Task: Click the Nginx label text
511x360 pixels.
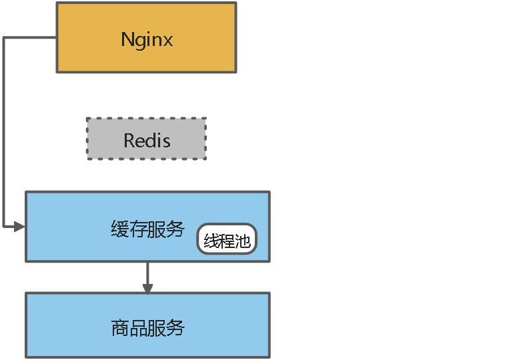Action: tap(147, 39)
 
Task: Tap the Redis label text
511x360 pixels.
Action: tap(147, 141)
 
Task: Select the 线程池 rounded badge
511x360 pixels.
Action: tap(227, 239)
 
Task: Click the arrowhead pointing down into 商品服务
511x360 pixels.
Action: tap(147, 288)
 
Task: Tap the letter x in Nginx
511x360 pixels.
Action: tap(168, 40)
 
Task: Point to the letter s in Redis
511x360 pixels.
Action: tap(166, 141)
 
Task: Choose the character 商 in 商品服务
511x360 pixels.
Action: tap(119, 328)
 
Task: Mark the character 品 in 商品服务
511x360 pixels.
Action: tap(138, 328)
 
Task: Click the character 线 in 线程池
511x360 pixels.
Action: tap(211, 241)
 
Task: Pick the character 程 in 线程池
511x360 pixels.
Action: tap(227, 241)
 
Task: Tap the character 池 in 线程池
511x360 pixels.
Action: tap(242, 241)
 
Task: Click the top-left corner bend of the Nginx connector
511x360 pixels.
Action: tap(4, 38)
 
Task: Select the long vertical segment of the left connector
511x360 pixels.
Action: tap(4, 133)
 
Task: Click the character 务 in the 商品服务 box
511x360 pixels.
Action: tap(175, 328)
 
